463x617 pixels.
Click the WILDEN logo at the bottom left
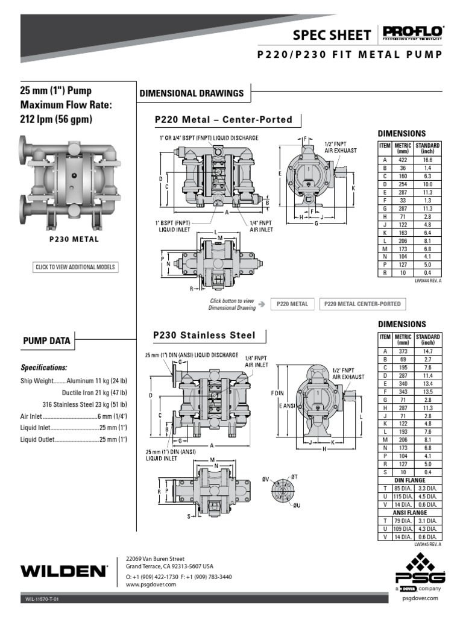pyautogui.click(x=63, y=569)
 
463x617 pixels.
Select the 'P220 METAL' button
pyautogui.click(x=292, y=304)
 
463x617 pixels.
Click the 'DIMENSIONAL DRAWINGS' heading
pyautogui.click(x=192, y=93)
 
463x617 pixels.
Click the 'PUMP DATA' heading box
pyautogui.click(x=46, y=341)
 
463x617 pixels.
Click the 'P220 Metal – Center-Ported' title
pyautogui.click(x=223, y=120)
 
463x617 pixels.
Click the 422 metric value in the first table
pyautogui.click(x=402, y=160)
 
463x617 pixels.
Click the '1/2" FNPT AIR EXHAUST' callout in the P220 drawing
pyautogui.click(x=341, y=146)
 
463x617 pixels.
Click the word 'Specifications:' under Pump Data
pyautogui.click(x=44, y=367)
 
